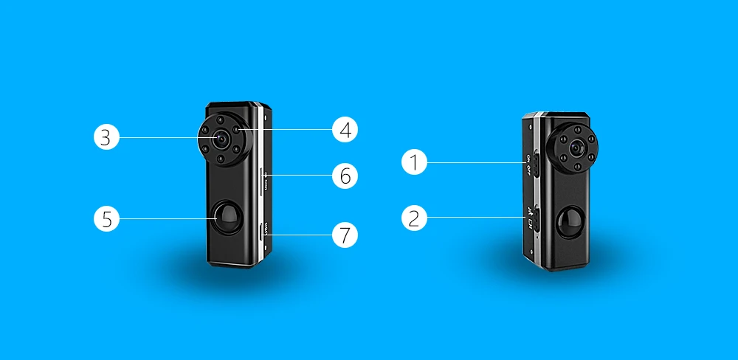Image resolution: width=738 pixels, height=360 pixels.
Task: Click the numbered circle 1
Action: [415, 162]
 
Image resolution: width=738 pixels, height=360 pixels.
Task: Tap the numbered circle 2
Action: [415, 218]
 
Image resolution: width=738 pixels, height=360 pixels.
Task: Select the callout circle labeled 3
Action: [106, 137]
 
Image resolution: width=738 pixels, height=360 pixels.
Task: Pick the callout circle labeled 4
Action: [345, 130]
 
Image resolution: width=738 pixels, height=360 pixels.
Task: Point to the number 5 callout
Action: [106, 218]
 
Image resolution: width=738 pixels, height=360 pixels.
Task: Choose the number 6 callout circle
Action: [345, 176]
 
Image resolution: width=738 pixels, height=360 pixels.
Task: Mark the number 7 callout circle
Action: [345, 235]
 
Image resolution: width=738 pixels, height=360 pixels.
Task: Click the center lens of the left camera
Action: [220, 138]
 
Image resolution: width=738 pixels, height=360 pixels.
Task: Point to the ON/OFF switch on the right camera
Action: [537, 163]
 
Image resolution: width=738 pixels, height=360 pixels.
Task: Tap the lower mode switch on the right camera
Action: [537, 218]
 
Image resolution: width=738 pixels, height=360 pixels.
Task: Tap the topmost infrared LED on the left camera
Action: [220, 120]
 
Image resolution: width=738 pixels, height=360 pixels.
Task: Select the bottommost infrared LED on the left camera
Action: [220, 157]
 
